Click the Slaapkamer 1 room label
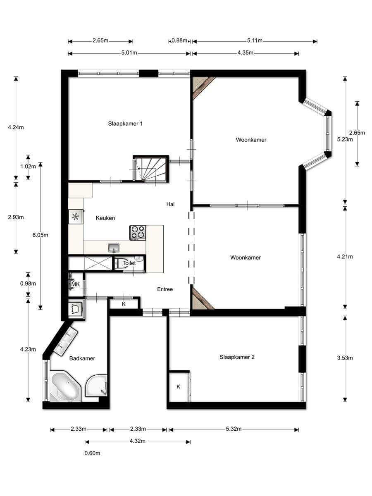(x=125, y=124)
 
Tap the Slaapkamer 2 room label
(x=237, y=357)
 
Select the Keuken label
(x=105, y=218)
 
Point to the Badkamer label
(x=82, y=358)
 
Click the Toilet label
(x=129, y=263)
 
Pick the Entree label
(x=165, y=289)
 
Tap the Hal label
(x=170, y=204)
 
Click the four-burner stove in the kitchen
(x=138, y=233)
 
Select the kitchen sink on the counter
(x=114, y=248)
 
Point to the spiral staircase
(x=150, y=169)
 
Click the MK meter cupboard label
(x=76, y=284)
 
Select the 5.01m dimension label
(x=129, y=53)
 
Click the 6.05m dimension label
(x=40, y=235)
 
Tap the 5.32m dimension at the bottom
(x=234, y=429)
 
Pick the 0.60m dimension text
(x=92, y=453)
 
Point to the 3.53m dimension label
(x=345, y=358)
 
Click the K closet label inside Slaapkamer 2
(x=178, y=386)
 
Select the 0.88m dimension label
(x=179, y=41)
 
